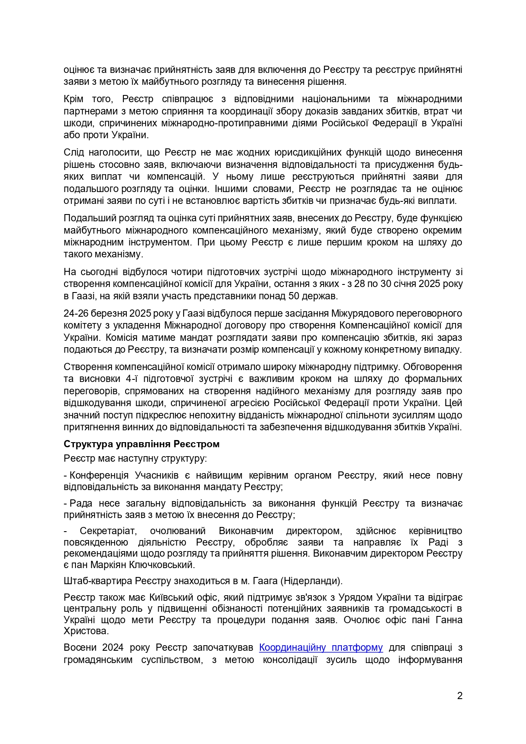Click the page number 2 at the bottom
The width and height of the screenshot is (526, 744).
pos(460,696)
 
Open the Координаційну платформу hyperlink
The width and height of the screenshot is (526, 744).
pos(321,647)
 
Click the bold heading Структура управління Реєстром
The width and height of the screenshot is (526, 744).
pos(142,444)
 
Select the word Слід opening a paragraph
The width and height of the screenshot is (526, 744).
pos(73,153)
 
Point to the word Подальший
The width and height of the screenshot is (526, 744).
pos(87,218)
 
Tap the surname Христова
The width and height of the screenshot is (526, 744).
pos(85,631)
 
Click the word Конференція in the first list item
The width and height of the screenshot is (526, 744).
pos(99,476)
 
